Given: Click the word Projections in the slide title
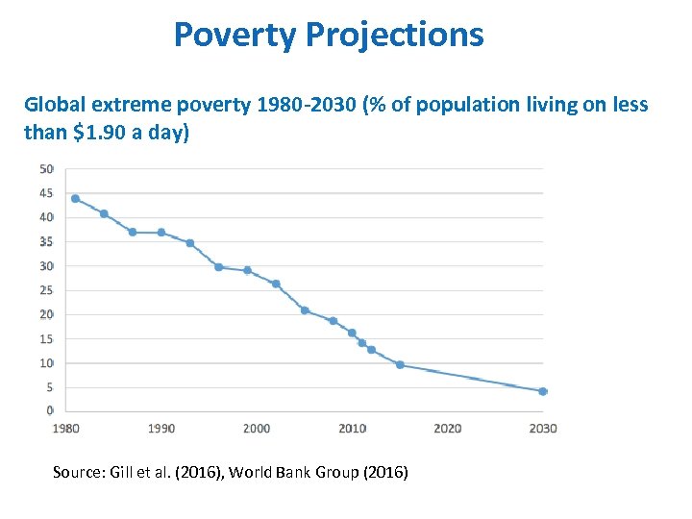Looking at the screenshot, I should pos(395,36).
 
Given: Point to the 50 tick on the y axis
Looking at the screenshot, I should pos(46,169).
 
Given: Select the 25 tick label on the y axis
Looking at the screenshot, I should pos(46,290).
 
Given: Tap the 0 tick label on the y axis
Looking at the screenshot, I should pos(49,410).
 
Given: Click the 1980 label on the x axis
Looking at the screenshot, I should pos(66,429).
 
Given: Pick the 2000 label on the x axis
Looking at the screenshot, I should pos(257,429).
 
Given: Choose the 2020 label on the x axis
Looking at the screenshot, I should pos(447,429).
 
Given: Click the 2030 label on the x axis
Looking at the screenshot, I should pos(542,429).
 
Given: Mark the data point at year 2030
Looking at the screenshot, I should pos(542,391).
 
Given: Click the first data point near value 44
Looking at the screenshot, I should pos(75,199).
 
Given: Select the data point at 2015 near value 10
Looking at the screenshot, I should pos(400,365).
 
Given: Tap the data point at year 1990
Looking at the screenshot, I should pos(161,233).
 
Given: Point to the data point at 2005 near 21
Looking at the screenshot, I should pos(305,310).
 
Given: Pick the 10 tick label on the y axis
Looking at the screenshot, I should pos(46,363).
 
